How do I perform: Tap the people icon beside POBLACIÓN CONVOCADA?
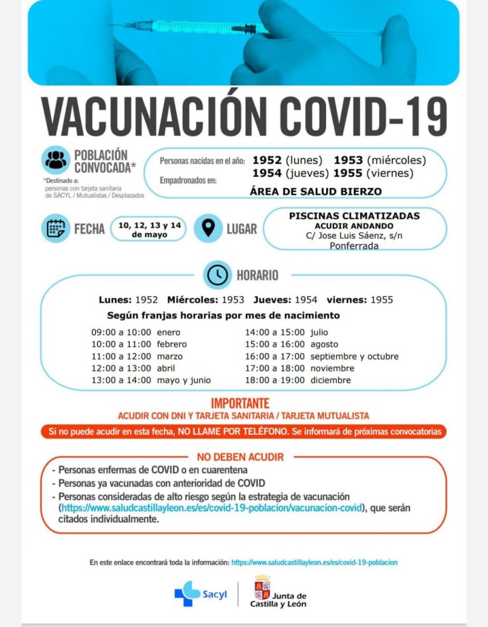(56, 160)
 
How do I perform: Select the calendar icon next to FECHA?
(56, 228)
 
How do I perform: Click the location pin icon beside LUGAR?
(208, 228)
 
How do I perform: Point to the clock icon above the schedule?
(217, 275)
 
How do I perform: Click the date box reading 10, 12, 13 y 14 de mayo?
(148, 230)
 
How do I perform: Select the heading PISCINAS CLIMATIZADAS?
(354, 216)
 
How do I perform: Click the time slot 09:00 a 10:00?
(121, 332)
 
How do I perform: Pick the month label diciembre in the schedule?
(330, 380)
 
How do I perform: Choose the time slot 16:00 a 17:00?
(274, 356)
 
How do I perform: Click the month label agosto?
(324, 344)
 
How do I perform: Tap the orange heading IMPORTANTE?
(240, 403)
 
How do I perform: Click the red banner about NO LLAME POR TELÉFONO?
(244, 432)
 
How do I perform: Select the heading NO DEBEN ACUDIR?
(240, 457)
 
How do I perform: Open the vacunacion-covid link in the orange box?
(211, 508)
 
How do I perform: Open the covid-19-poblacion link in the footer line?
(315, 562)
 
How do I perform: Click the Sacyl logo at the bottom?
(196, 594)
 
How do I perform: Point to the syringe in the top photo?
(197, 28)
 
